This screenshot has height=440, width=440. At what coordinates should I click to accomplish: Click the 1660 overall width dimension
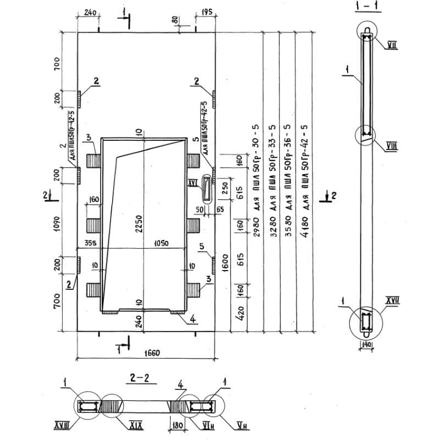[146, 354]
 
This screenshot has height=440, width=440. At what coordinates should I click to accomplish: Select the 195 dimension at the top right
[207, 12]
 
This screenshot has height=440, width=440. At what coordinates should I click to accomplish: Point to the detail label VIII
[378, 146]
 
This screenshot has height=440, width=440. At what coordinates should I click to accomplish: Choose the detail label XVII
[392, 300]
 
